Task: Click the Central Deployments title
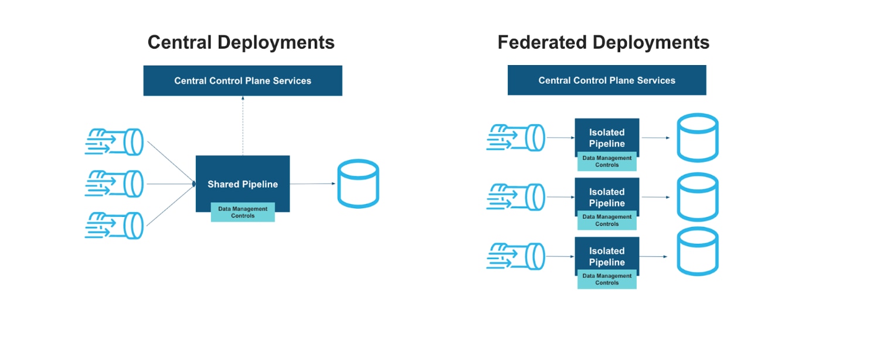[x=241, y=42]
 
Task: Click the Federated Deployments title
[x=603, y=42]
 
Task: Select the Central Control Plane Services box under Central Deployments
[x=243, y=80]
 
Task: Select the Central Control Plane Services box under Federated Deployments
[x=607, y=80]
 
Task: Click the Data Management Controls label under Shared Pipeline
[x=243, y=212]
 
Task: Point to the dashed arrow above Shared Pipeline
[x=243, y=126]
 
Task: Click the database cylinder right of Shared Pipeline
[x=358, y=184]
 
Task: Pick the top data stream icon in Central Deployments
[x=114, y=141]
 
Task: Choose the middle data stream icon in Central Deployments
[x=114, y=184]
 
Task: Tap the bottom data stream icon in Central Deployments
[x=114, y=225]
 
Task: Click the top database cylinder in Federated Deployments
[x=697, y=138]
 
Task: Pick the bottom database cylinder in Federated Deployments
[x=697, y=252]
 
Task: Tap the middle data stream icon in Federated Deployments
[x=516, y=197]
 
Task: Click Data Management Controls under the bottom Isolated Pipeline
[x=607, y=279]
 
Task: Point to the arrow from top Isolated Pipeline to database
[x=655, y=138]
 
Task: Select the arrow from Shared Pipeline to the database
[x=312, y=184]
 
